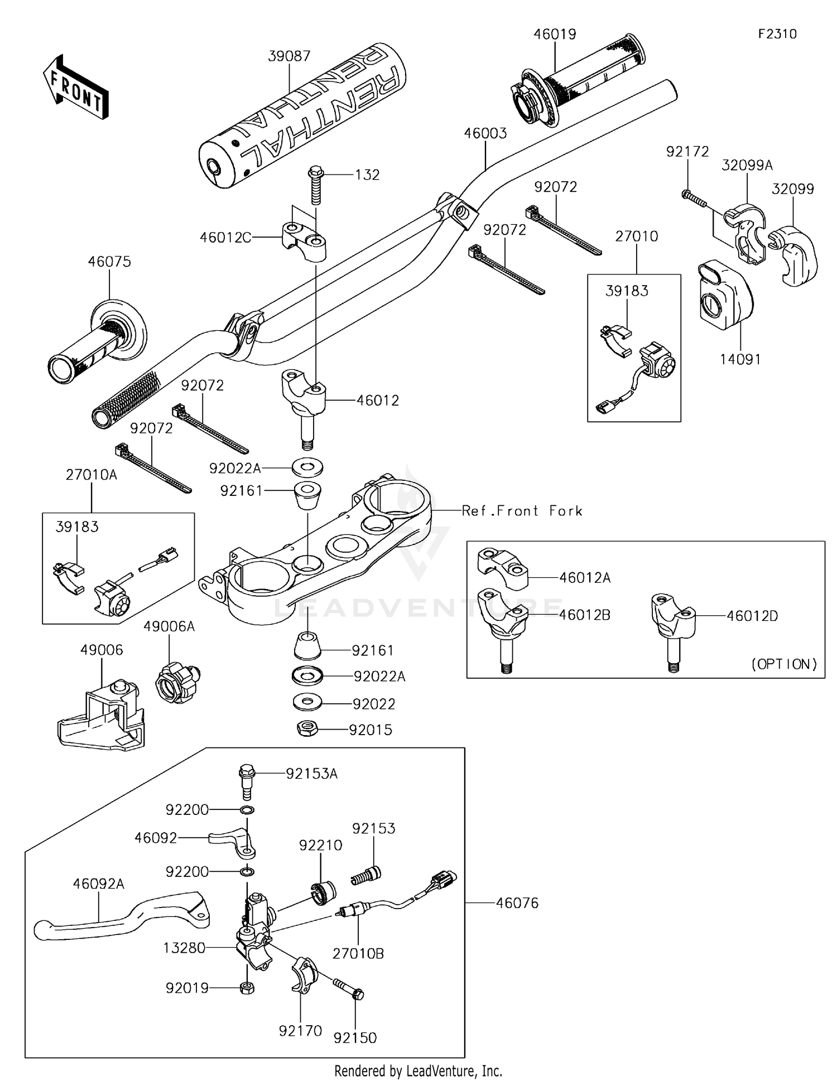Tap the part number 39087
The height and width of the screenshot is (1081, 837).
coord(289,56)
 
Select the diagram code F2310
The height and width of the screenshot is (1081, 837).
coord(777,34)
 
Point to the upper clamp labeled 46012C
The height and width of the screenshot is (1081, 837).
coord(304,241)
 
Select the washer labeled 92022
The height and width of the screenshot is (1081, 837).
coord(307,702)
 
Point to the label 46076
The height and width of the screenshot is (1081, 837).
coord(517,903)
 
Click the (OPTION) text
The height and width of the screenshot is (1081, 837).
coord(784,664)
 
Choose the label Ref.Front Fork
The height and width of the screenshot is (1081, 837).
coord(522,511)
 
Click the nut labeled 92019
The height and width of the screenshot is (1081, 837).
coord(247,988)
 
